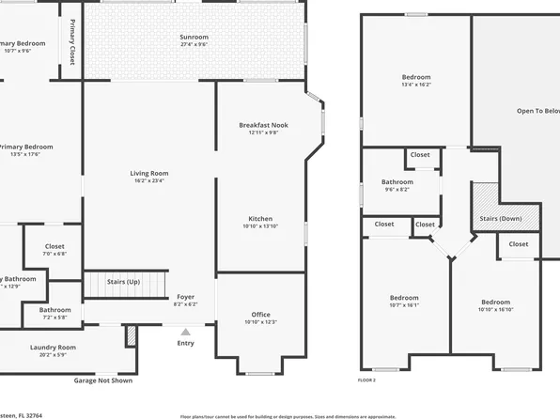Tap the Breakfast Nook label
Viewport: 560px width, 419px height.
tap(263, 125)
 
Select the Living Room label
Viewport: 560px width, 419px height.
tap(148, 173)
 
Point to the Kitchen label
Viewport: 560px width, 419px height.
tap(260, 218)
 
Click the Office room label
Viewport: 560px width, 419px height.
tap(260, 314)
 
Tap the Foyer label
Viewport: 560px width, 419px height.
tap(186, 296)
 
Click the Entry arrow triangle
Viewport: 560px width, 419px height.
tap(186, 332)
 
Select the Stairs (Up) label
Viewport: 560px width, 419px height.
tap(124, 281)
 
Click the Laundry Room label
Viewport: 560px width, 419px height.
tap(53, 347)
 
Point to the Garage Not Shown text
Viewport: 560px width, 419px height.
tap(103, 380)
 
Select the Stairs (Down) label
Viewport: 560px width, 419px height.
tap(507, 218)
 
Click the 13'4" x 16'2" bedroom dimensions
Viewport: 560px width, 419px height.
tap(416, 85)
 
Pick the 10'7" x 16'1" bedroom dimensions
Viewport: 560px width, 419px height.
tap(404, 304)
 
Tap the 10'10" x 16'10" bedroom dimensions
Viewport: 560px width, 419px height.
tap(495, 309)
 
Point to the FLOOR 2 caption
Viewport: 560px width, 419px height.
tap(366, 380)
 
